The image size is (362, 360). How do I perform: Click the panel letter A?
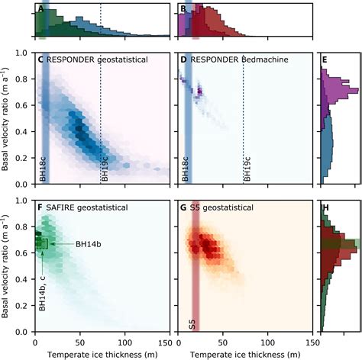point(40,10)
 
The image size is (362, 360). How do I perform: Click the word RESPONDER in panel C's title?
point(73,59)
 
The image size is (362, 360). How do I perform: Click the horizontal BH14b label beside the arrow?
point(90,244)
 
